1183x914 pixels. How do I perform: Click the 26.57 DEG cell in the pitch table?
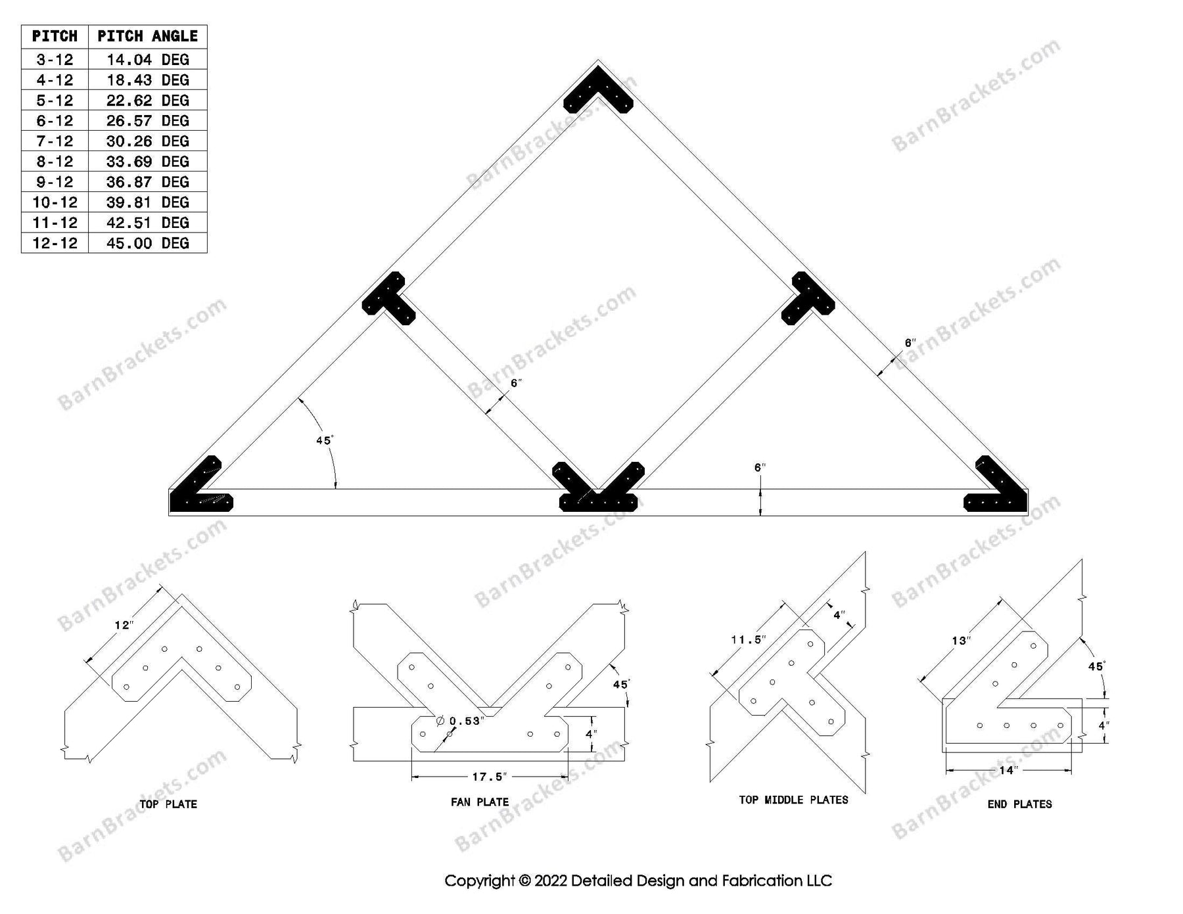point(147,121)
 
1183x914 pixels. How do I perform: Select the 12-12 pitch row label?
point(55,243)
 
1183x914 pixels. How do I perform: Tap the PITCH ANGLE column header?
point(147,36)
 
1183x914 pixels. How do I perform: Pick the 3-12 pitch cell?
point(55,60)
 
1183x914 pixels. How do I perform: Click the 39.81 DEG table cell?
point(147,202)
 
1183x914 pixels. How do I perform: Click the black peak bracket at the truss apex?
point(598,92)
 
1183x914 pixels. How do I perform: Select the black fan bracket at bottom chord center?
point(598,493)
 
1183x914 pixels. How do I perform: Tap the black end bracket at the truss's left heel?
point(197,493)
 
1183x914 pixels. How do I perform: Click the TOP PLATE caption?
point(168,804)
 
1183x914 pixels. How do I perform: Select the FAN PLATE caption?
point(480,802)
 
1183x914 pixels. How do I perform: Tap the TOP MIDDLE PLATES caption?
point(793,800)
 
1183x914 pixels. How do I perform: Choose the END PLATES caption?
point(1019,804)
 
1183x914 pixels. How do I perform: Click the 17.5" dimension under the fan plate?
point(490,777)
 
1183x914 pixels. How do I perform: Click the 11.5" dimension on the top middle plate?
point(748,639)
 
